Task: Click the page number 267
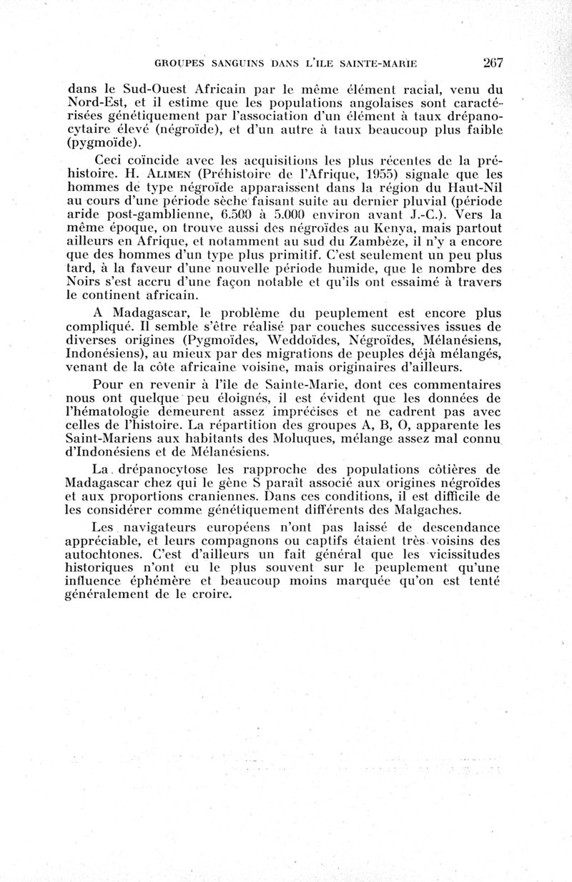493,62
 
